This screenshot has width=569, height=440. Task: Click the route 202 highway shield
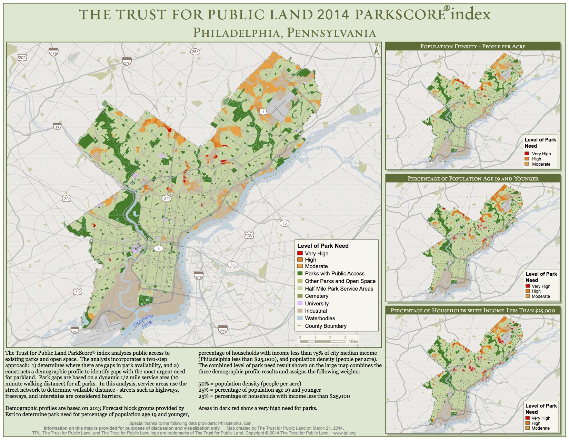click(x=22, y=58)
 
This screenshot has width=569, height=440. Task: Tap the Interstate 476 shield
click(x=53, y=52)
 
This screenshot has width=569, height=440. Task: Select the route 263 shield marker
click(x=195, y=52)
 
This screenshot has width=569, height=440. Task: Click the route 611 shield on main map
click(x=167, y=198)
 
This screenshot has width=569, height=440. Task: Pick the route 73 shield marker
click(x=284, y=223)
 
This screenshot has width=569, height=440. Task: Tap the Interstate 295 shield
click(x=223, y=329)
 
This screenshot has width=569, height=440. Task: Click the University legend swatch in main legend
click(x=300, y=303)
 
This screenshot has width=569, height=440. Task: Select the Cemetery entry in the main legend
click(x=316, y=296)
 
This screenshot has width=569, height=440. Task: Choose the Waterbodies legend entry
click(x=320, y=319)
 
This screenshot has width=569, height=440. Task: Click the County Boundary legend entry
click(x=325, y=326)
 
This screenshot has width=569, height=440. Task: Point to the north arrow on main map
click(x=377, y=49)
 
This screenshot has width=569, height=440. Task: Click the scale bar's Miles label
click(x=353, y=341)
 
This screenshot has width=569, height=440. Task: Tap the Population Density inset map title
click(x=472, y=46)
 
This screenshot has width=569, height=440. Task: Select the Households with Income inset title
click(x=472, y=310)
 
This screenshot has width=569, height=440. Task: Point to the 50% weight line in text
click(x=250, y=384)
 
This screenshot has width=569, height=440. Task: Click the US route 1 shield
click(x=263, y=111)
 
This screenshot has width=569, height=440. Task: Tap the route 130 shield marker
click(x=249, y=235)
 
